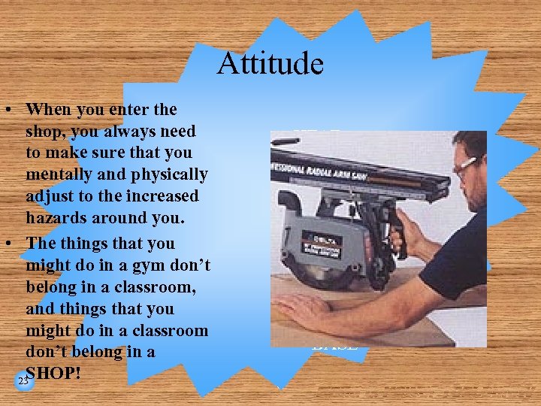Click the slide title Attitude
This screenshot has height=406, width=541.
(270, 63)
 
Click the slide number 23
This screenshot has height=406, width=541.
(23, 382)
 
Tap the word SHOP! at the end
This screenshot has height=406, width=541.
(53, 373)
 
